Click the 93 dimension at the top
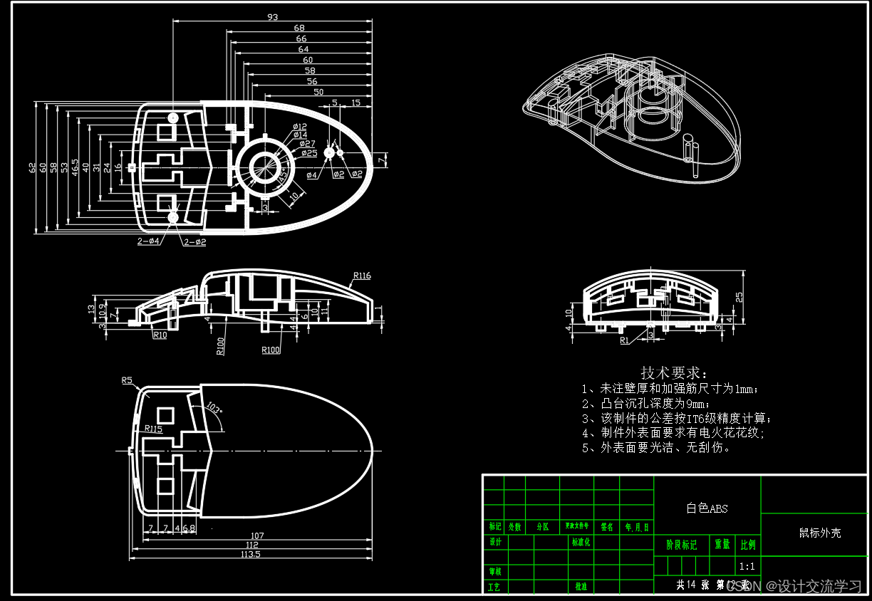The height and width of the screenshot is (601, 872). click(272, 16)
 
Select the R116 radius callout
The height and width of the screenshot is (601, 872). click(362, 276)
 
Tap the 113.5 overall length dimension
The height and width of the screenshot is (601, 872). click(250, 554)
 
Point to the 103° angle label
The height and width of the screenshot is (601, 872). click(214, 409)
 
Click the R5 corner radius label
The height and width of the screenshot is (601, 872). click(128, 381)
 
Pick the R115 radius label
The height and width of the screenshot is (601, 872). click(153, 429)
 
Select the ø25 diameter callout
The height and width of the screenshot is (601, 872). click(308, 153)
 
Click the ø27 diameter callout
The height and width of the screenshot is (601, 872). click(307, 144)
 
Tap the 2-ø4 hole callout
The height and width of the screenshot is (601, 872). click(148, 242)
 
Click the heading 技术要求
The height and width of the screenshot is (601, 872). click(674, 372)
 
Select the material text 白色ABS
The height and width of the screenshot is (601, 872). click(707, 508)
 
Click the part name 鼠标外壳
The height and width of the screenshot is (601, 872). click(819, 533)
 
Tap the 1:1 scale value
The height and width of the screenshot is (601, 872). click(747, 567)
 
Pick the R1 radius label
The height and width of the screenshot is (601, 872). click(625, 340)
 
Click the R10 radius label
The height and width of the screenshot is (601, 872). click(160, 335)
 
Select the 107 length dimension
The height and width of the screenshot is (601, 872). click(257, 535)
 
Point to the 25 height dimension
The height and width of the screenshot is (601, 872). click(739, 296)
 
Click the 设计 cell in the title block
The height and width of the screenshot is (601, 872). click(494, 542)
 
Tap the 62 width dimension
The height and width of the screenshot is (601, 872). click(32, 168)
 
